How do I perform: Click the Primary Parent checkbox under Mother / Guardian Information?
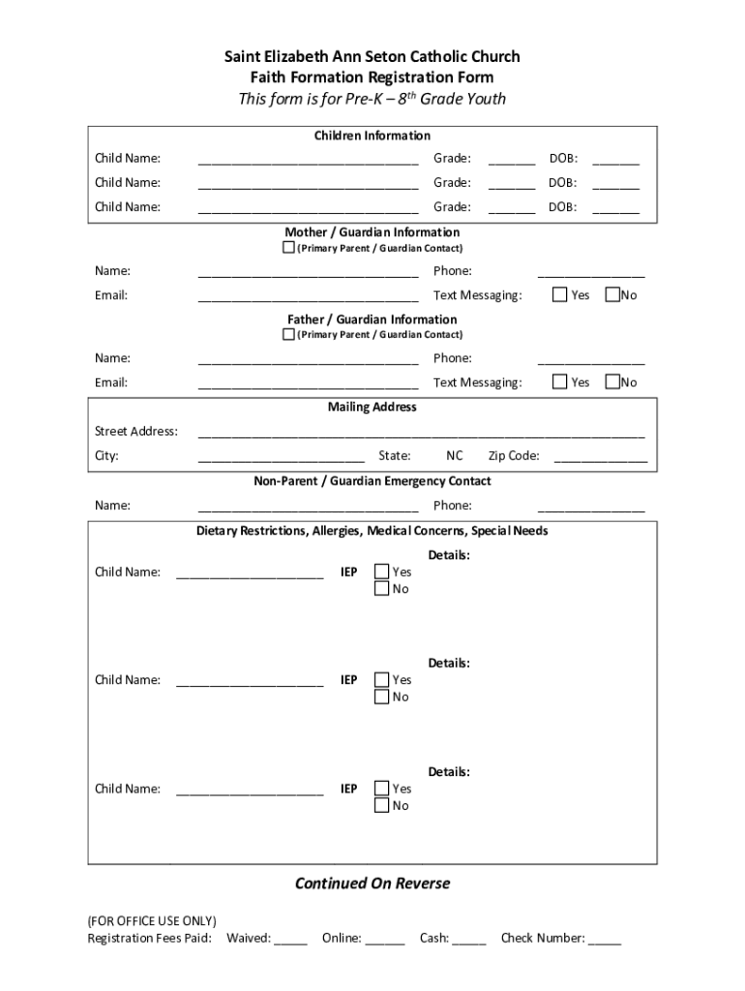288,248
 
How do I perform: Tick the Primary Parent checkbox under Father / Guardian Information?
288,335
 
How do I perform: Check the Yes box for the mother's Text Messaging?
559,294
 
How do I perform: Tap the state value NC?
454,456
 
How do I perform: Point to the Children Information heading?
372,135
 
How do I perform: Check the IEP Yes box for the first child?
382,572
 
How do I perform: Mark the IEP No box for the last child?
382,806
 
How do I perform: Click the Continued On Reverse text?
372,884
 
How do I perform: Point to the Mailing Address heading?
372,407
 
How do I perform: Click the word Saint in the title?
243,57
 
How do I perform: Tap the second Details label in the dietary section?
449,664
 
